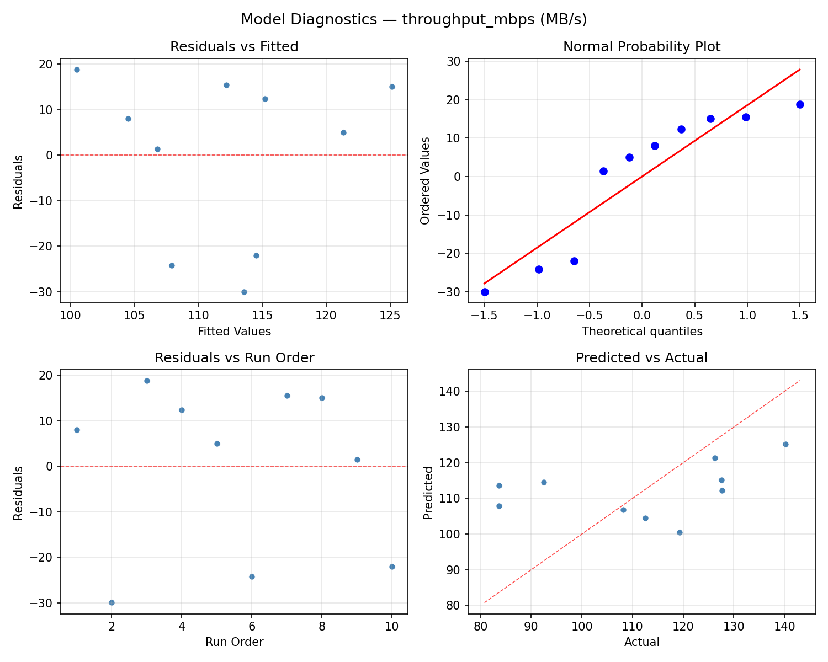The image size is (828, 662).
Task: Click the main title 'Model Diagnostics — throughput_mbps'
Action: click(413, 19)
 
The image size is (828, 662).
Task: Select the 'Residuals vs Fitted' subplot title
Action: click(234, 47)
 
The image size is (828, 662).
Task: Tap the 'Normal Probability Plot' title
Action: click(641, 47)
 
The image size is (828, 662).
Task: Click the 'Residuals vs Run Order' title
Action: click(234, 358)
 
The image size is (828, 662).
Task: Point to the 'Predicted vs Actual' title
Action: click(641, 358)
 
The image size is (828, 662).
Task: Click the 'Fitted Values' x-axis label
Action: click(234, 332)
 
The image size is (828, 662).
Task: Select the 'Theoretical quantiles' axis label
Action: click(641, 332)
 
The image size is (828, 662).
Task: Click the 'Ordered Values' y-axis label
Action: click(424, 181)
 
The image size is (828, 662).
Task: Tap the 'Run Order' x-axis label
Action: click(234, 642)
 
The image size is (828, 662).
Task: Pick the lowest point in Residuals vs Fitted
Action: click(244, 292)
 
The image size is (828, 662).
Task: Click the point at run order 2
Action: click(112, 602)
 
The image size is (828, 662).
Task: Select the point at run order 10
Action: click(392, 567)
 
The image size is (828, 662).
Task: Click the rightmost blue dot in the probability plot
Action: click(800, 104)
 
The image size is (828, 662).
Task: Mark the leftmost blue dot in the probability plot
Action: click(485, 292)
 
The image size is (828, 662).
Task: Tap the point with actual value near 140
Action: click(785, 444)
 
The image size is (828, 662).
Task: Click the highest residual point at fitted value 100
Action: click(77, 70)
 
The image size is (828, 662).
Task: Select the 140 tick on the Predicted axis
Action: click(454, 391)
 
